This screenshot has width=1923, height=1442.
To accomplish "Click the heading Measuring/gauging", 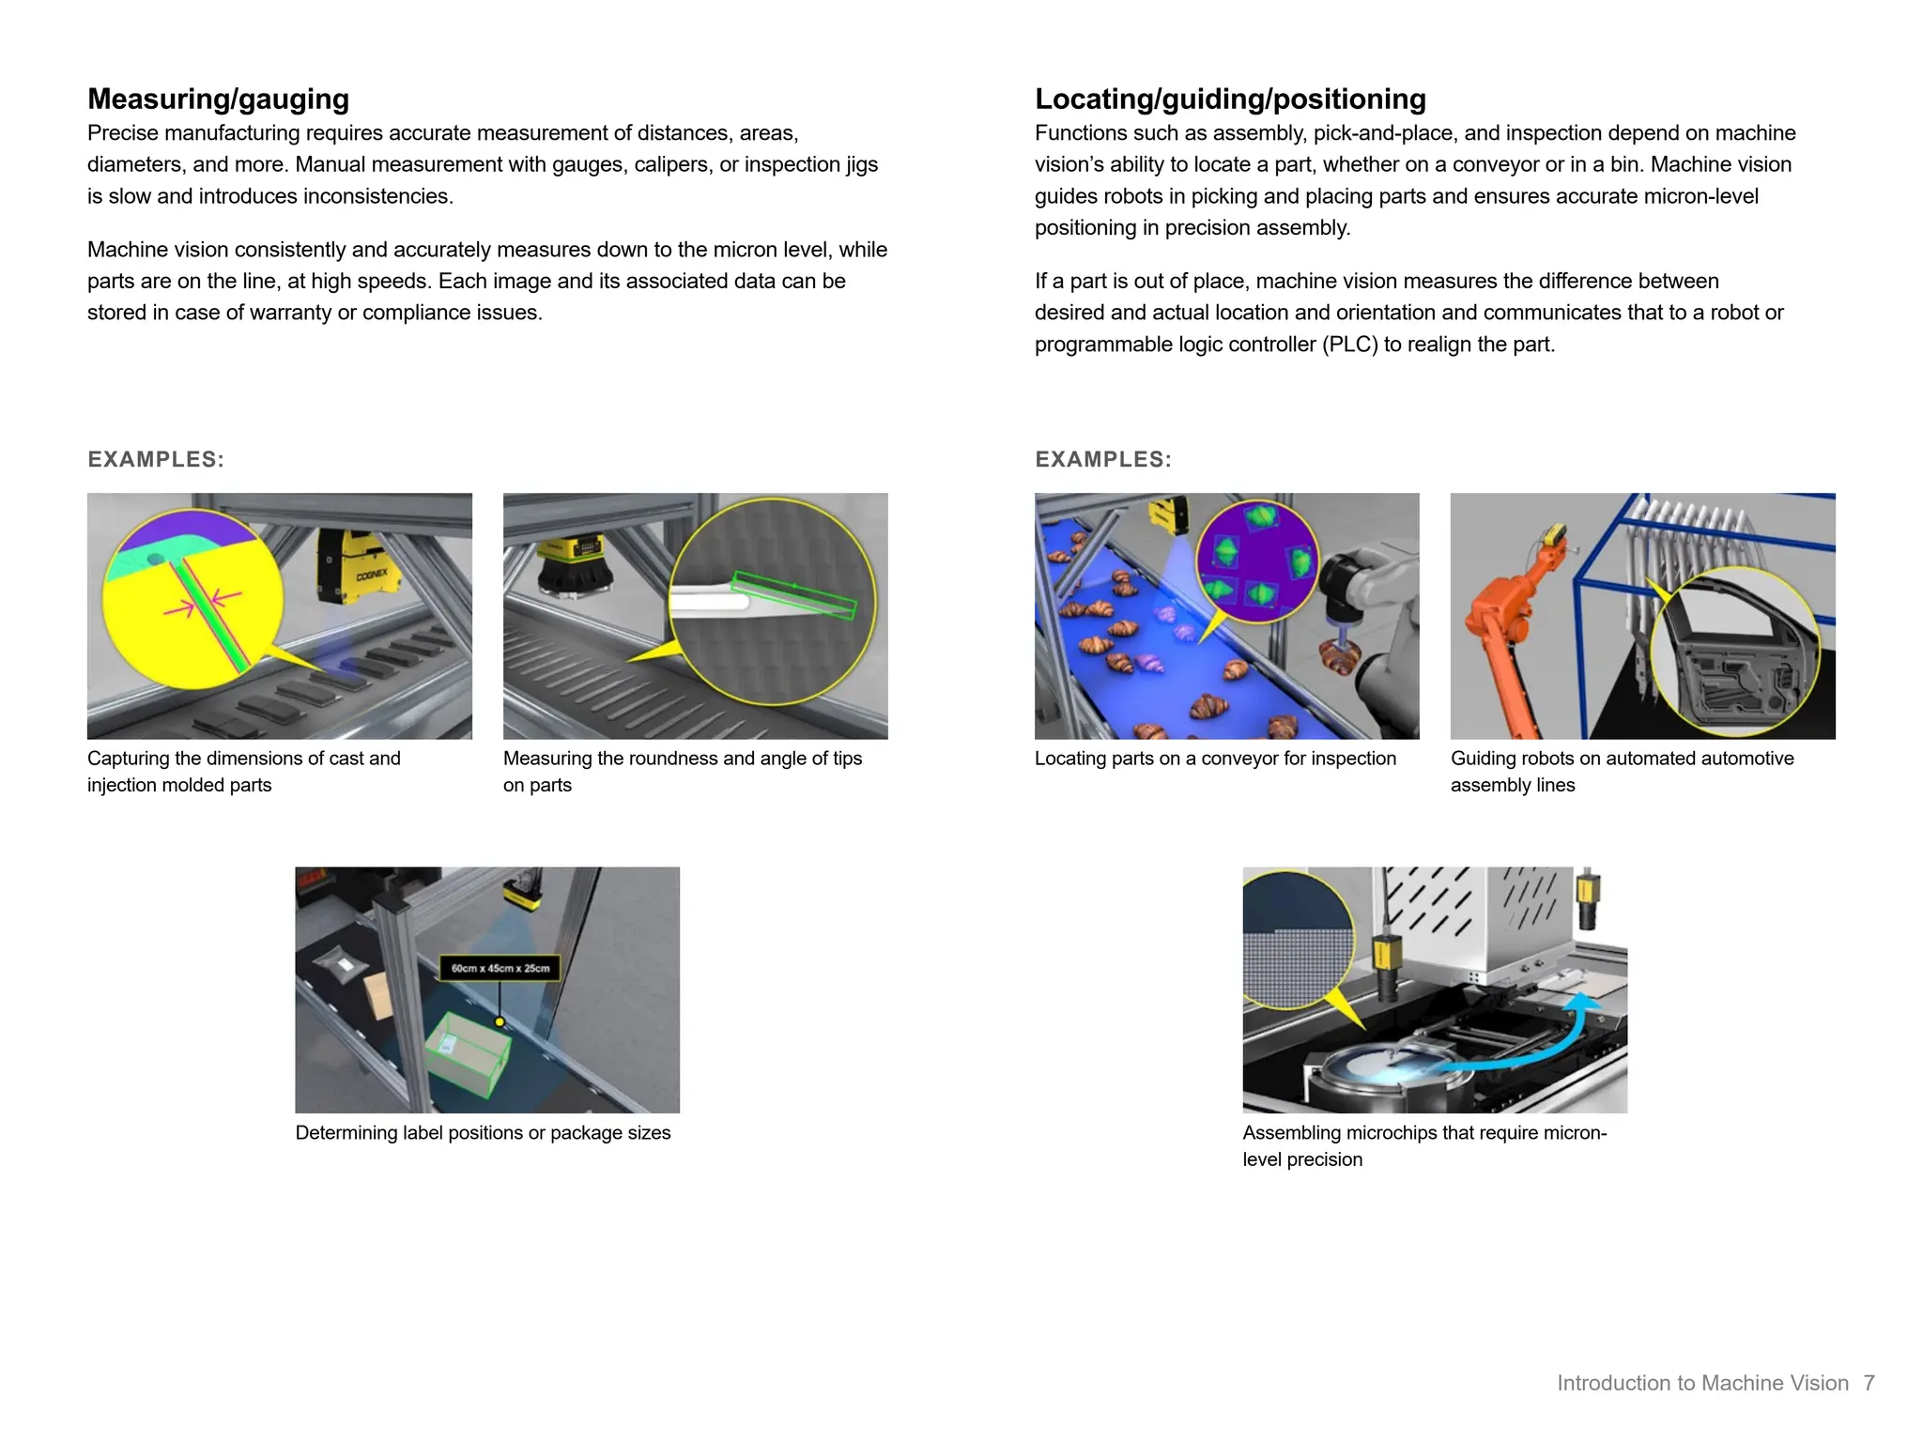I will pos(218,99).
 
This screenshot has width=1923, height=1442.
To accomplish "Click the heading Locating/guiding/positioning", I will pos(1230,99).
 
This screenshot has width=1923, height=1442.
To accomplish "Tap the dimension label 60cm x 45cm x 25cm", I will pos(500,968).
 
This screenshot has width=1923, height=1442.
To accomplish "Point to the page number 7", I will pos(1869,1383).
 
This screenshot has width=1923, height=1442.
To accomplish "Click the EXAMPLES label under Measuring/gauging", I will pos(156,459).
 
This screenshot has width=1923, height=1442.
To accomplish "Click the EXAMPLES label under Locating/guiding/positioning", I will pos(1103,459).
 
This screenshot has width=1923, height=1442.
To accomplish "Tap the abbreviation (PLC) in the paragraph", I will pos(1349,345).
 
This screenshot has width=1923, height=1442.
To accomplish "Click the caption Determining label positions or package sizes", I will pos(483,1133).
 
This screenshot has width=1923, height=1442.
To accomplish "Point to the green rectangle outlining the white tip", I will pos(794,595).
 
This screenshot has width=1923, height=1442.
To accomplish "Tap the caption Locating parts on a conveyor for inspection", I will pos(1215,759).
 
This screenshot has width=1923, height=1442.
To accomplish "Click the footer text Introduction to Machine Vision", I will pos(1701,1383).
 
